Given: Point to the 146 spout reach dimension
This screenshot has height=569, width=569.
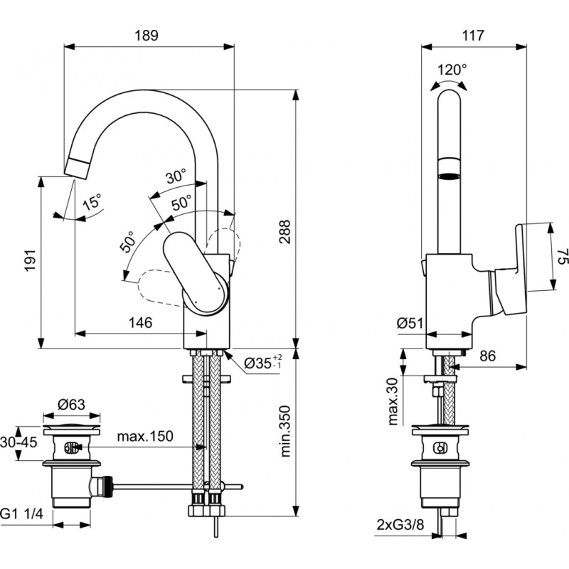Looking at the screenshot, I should tap(140, 323).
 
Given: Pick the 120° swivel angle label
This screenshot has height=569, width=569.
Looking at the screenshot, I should tap(452, 70).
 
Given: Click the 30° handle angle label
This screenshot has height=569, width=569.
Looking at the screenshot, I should tap(175, 176).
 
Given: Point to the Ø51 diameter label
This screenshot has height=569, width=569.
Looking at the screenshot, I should tap(411, 323).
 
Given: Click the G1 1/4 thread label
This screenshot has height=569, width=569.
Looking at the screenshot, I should tap(25, 512).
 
